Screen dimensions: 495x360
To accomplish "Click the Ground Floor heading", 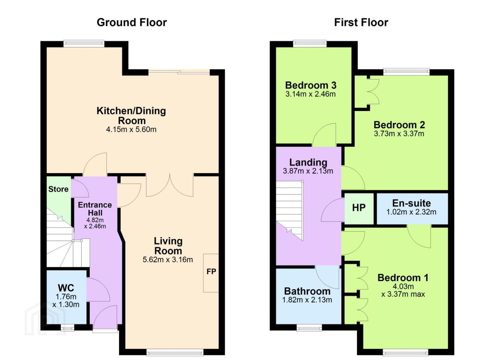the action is click(x=132, y=23).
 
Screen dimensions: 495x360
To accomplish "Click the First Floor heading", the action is click(x=361, y=23).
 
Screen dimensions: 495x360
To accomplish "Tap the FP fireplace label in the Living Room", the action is click(x=211, y=271).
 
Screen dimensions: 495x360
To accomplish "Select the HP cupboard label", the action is click(x=359, y=208).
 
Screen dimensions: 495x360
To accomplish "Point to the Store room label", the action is click(x=58, y=189).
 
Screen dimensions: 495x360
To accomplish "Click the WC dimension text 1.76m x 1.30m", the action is click(x=66, y=300).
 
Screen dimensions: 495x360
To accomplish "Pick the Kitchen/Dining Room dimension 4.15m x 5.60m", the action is click(x=131, y=129).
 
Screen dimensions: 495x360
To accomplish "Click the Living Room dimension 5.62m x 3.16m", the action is click(x=168, y=260).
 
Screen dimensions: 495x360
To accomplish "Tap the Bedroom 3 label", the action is click(x=311, y=85).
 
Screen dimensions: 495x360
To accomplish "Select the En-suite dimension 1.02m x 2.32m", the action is click(x=411, y=212).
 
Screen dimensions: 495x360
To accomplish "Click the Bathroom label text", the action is click(x=307, y=291).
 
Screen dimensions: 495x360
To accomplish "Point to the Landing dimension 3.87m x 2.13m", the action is click(x=308, y=171).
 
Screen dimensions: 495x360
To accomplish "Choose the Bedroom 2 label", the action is click(x=399, y=125).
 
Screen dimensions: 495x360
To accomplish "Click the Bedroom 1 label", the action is click(x=403, y=278).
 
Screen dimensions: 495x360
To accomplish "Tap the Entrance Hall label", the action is click(x=95, y=209).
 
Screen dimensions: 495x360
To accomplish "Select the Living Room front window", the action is click(x=175, y=352).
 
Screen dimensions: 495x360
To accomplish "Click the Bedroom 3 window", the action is click(x=310, y=44).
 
